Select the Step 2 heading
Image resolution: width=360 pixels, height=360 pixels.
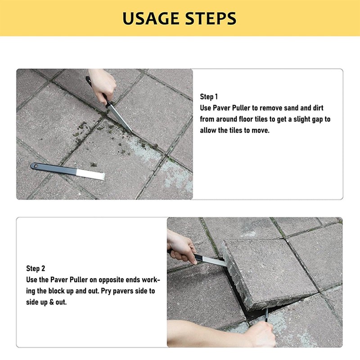coord(36,269)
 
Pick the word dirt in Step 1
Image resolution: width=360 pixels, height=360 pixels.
coord(317,108)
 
